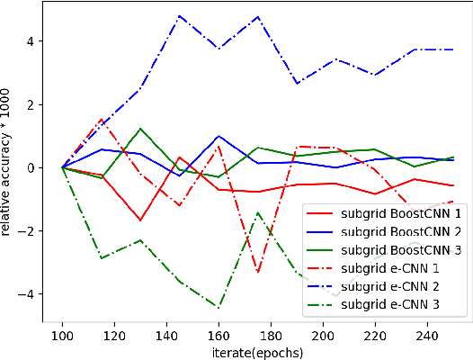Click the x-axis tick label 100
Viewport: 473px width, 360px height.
pos(62,332)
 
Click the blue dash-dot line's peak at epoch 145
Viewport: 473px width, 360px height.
pos(180,16)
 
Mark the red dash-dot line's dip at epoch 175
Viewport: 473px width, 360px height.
pos(258,272)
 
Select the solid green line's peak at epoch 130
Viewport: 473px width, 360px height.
pos(140,129)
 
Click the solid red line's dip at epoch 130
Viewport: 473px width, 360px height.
pos(140,220)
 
